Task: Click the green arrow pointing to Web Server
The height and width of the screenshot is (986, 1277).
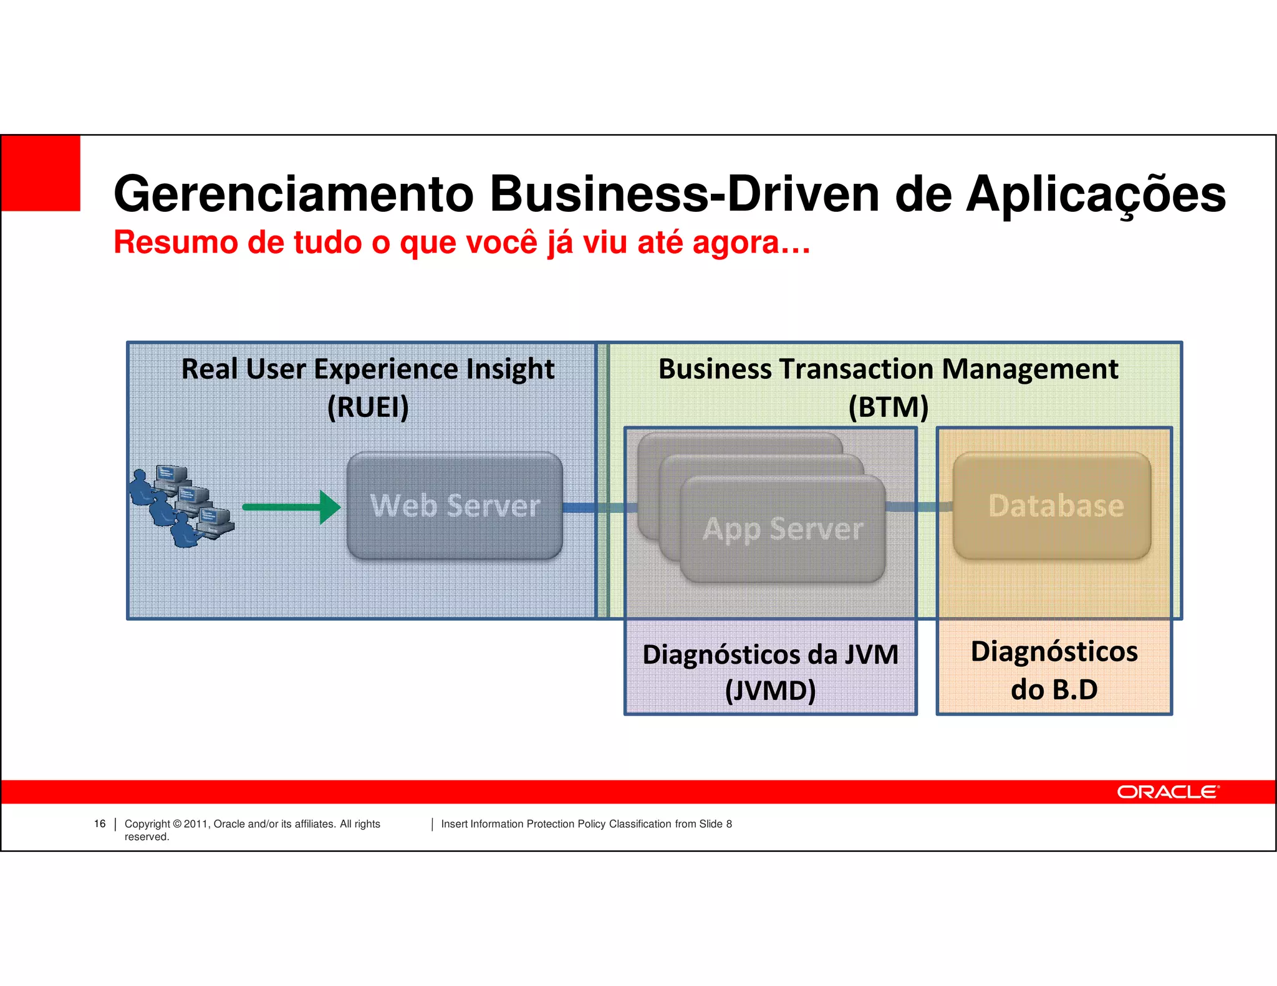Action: [291, 507]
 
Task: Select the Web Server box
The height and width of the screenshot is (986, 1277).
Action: [455, 505]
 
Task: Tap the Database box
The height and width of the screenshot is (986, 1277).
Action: [1052, 505]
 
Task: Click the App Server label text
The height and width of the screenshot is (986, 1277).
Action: [783, 529]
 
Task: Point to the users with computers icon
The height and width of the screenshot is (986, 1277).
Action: [181, 507]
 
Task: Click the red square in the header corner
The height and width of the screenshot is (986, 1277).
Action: [41, 173]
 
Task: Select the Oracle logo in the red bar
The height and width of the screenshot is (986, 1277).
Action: [1167, 792]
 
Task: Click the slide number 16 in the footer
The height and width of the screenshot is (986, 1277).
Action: [100, 824]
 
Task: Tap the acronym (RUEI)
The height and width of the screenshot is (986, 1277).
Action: [368, 408]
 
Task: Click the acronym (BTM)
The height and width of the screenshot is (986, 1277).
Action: [888, 408]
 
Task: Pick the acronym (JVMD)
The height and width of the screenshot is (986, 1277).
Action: [770, 691]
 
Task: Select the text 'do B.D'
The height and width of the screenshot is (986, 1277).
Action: [1054, 690]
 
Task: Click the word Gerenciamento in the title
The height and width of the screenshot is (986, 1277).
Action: [294, 194]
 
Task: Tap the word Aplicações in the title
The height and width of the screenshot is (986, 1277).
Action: [1096, 194]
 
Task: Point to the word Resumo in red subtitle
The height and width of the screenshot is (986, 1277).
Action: [176, 242]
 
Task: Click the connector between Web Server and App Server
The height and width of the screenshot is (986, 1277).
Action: [599, 508]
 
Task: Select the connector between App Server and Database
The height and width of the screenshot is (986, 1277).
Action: [918, 507]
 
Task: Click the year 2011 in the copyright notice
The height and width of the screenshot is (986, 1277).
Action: [196, 824]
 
